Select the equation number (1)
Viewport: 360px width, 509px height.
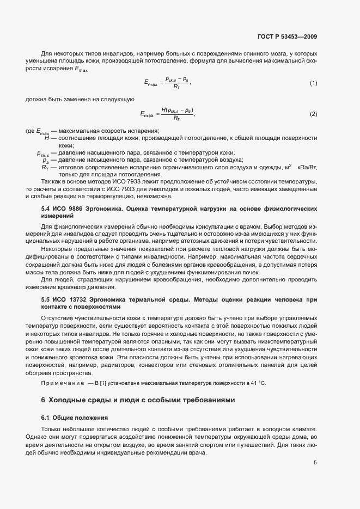click(313, 83)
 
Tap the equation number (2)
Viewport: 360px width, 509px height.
click(313, 114)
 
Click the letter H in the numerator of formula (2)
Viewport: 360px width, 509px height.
click(163, 110)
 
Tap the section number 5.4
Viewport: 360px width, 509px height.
click(46, 208)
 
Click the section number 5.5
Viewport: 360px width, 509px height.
click(46, 299)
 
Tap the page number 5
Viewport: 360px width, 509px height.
click(315, 463)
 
